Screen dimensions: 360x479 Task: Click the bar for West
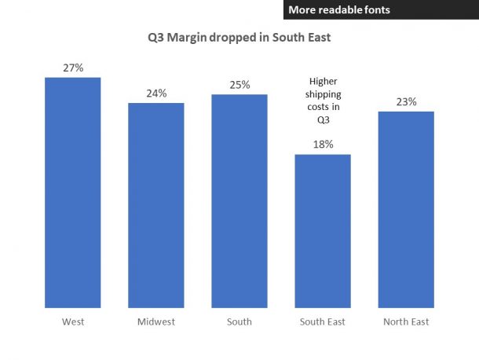[73, 193]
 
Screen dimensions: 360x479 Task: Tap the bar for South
[239, 200]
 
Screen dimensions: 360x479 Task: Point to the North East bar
[406, 209]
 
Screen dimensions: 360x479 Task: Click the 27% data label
[73, 68]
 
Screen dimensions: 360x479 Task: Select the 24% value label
[156, 93]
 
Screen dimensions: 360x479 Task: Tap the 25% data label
[239, 84]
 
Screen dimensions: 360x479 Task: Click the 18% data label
[323, 144]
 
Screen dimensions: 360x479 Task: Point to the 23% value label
[406, 101]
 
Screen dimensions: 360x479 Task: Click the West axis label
[73, 321]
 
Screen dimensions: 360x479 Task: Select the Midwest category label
[156, 321]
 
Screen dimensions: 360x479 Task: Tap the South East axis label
[323, 321]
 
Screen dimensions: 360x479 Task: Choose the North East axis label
[406, 321]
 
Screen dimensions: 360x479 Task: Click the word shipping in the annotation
[323, 94]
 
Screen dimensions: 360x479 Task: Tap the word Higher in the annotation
[323, 81]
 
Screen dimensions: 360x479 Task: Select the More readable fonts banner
[381, 9]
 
